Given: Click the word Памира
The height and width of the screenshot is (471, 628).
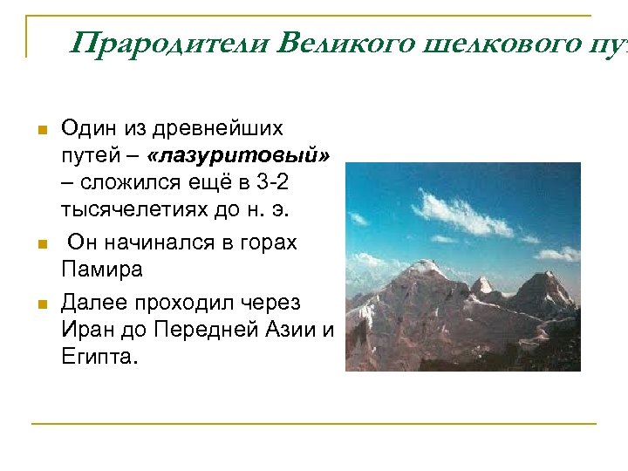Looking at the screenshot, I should click(x=101, y=270).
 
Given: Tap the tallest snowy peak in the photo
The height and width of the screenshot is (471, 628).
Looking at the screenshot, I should click(x=429, y=265).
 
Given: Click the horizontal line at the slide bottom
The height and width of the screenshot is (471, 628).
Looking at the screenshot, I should click(x=314, y=424).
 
